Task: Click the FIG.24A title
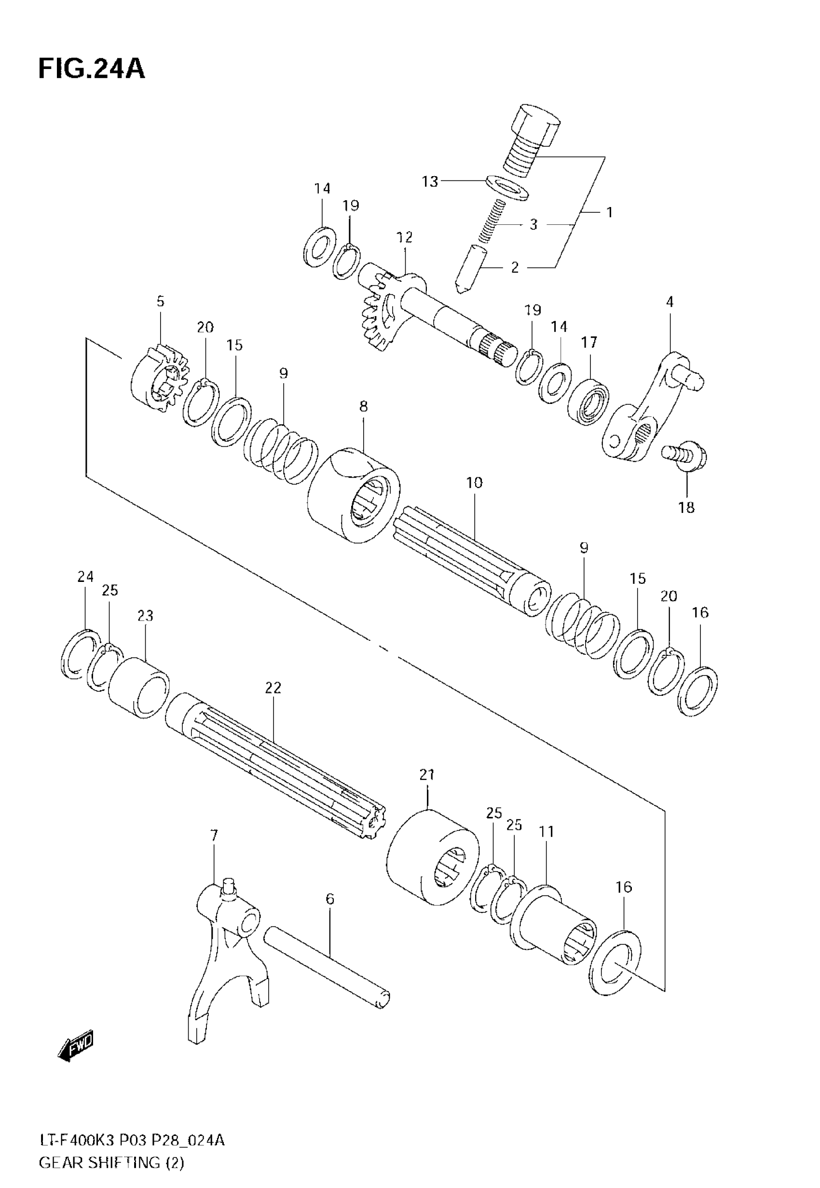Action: pos(92,69)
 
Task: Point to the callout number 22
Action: pos(273,688)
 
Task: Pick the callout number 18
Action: pos(686,508)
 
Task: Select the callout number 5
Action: pos(160,302)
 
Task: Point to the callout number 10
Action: pos(474,483)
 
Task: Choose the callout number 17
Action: pos(589,342)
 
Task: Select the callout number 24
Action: pos(85,577)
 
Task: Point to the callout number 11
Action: pos(547,831)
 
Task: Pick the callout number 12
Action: pos(404,237)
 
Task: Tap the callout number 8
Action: pos(363,407)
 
